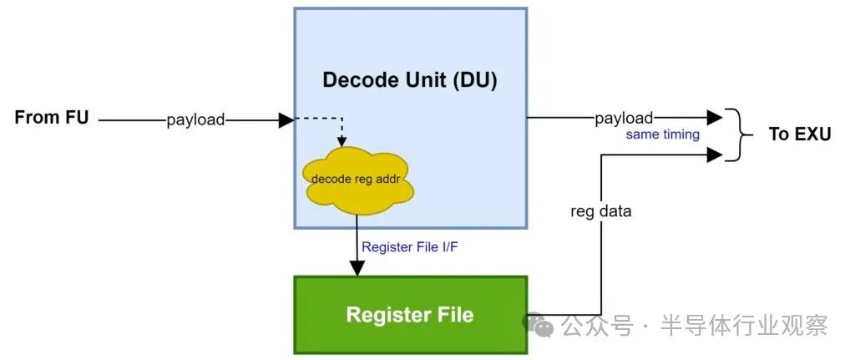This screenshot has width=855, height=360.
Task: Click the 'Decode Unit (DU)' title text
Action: pos(410,80)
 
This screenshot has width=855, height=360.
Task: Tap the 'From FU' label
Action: pos(51,118)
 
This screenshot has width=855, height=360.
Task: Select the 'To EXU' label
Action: pos(799,134)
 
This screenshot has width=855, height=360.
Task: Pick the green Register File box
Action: pos(410,315)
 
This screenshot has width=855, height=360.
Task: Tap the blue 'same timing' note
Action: pos(663,134)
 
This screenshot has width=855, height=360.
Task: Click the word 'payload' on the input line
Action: pos(195,119)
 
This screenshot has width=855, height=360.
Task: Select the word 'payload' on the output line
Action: pos(624,119)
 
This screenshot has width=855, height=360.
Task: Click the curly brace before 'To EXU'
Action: pos(733,134)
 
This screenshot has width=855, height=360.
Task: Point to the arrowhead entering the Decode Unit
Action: pos(286,119)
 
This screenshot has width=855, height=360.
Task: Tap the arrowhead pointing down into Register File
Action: pos(357,268)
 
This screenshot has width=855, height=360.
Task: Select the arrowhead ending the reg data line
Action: pos(715,154)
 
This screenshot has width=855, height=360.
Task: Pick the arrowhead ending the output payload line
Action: pos(715,118)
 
